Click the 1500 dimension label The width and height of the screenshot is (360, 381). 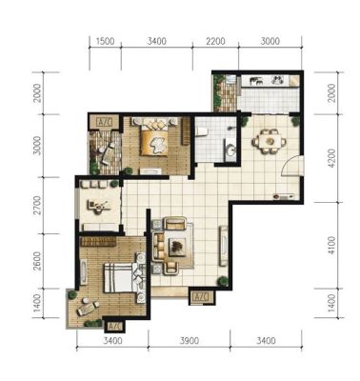(x=105, y=41)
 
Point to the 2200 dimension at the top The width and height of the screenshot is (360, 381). (x=215, y=41)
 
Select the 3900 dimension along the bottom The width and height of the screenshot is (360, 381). (x=190, y=341)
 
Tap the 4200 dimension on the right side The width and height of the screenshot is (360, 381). (x=331, y=158)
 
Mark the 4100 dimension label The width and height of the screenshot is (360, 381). (x=331, y=246)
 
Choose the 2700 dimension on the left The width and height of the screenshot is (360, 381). (x=37, y=205)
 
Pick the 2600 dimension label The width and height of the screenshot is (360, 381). (x=37, y=261)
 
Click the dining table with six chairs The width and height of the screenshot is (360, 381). (x=270, y=141)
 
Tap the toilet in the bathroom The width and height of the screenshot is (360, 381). (x=202, y=131)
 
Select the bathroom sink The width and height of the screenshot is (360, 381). (x=230, y=150)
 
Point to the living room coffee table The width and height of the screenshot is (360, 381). (x=176, y=247)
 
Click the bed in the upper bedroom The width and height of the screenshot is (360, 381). (x=154, y=136)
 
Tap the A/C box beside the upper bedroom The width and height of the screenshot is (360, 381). (x=105, y=122)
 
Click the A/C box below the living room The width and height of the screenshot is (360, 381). (x=201, y=297)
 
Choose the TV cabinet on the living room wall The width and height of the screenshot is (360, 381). (x=224, y=246)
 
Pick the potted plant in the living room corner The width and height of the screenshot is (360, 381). (x=223, y=281)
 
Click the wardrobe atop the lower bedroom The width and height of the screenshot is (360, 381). (x=98, y=241)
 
